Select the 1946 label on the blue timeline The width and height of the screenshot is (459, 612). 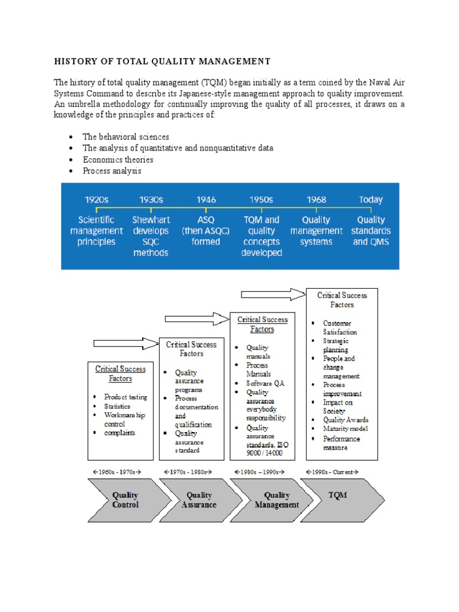206,200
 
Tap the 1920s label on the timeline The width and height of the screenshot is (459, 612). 96,200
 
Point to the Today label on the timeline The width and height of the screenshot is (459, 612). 371,200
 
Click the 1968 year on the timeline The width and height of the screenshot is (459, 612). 316,200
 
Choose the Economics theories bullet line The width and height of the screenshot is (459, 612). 118,160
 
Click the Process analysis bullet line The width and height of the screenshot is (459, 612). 112,171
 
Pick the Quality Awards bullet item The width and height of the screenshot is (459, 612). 345,420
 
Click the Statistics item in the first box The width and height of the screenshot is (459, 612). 117,406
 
